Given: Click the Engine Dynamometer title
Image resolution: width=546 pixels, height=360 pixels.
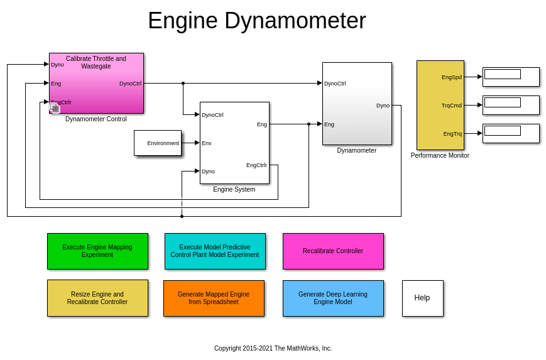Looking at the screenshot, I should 256,21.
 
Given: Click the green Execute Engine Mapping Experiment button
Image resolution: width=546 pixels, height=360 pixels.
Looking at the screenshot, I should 97,251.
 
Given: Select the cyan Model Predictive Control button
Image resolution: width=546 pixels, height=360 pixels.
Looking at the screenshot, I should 215,251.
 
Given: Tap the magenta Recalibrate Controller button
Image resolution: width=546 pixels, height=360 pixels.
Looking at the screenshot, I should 333,251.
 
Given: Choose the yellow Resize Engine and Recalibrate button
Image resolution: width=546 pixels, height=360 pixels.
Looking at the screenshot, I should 97,298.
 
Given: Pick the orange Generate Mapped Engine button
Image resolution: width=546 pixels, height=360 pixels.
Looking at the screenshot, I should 214,298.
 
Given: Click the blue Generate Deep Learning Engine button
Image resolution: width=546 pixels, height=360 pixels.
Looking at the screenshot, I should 333,298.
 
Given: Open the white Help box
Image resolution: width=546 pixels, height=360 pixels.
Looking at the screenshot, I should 422,298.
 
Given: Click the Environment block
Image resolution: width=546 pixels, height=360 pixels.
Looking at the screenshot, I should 158,143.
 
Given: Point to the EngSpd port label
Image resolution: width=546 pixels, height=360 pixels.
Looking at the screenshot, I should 452,77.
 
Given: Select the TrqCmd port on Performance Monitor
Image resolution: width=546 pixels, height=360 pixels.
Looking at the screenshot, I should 452,106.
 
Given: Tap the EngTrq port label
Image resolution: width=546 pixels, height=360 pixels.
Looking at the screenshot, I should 452,134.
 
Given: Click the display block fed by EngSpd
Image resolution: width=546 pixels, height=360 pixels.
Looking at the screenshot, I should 510,77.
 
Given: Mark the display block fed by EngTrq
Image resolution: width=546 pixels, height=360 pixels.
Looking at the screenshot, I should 510,133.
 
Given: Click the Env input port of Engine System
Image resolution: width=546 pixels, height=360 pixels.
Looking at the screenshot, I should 207,143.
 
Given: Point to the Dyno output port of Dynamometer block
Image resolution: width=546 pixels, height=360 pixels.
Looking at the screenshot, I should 383,106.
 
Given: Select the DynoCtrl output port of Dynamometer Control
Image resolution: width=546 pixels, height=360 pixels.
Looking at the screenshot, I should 130,84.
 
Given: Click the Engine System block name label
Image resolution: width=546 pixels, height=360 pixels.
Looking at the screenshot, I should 234,189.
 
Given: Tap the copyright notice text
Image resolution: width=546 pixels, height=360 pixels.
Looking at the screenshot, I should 273,348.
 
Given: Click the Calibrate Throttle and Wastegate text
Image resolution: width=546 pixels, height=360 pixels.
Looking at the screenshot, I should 96,62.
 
